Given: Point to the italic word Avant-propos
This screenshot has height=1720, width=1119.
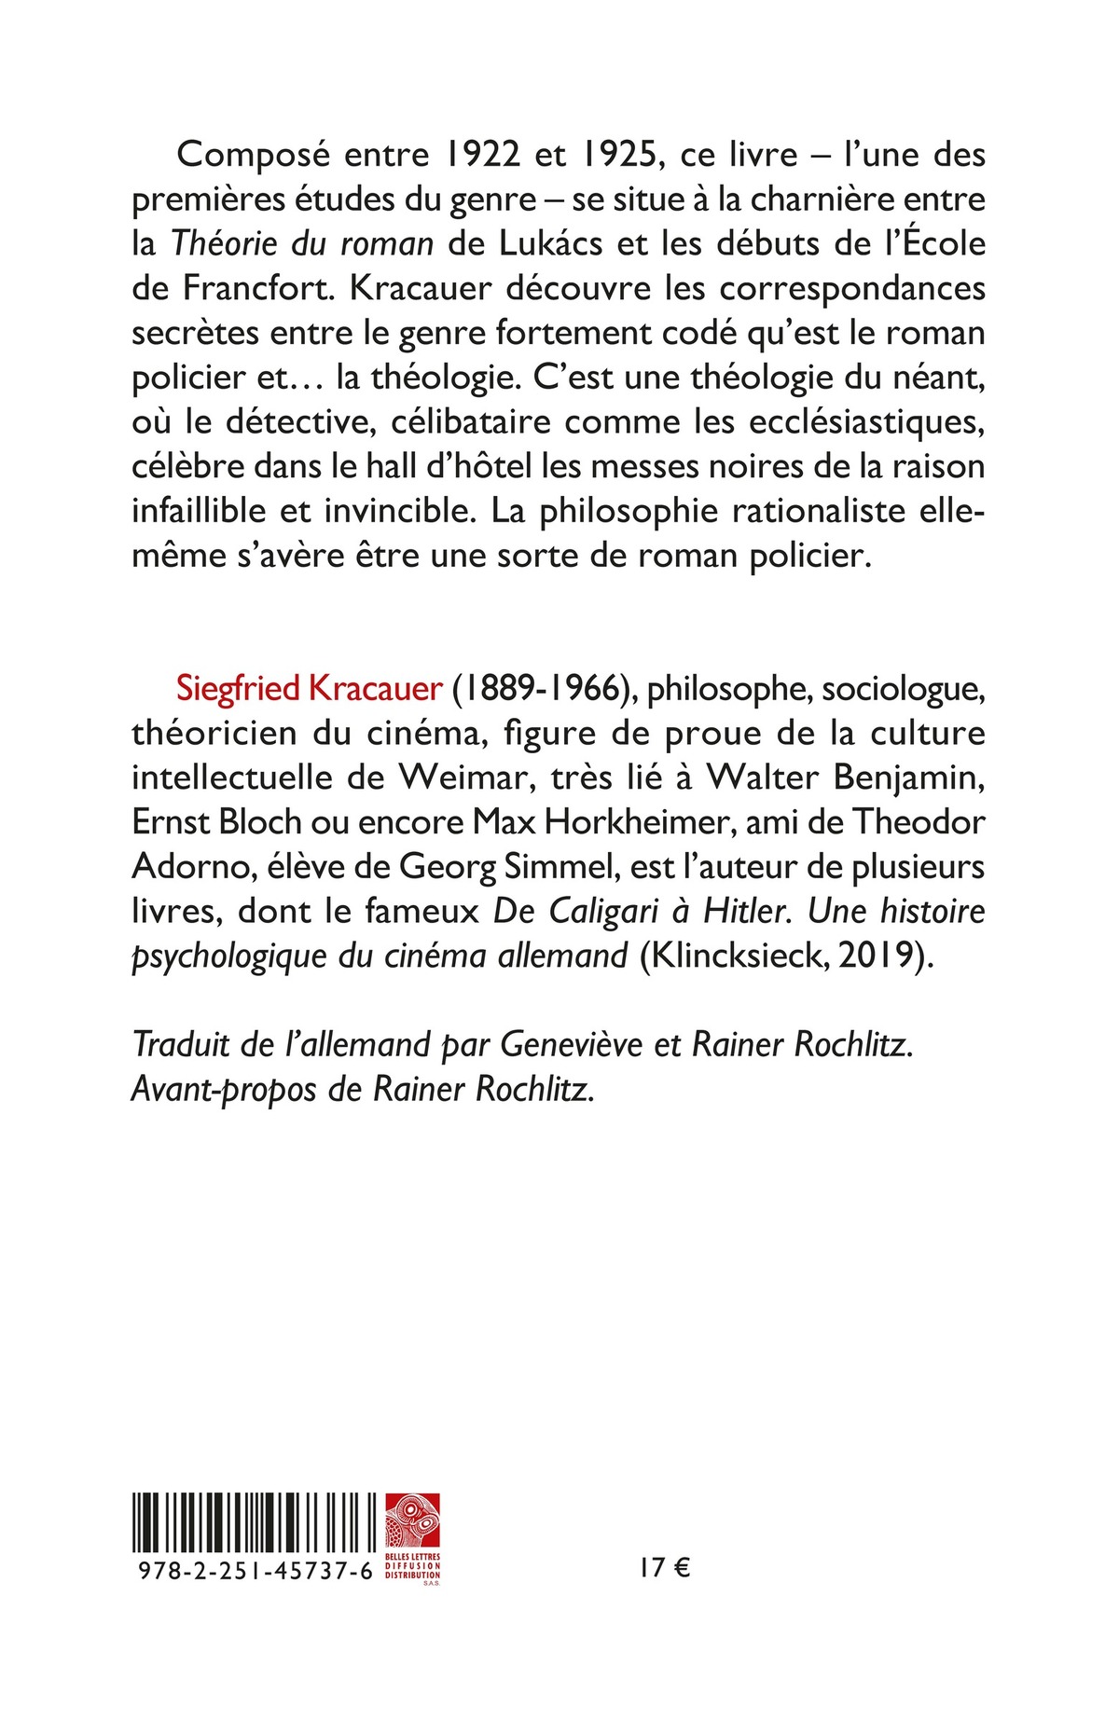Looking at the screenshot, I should [224, 1090].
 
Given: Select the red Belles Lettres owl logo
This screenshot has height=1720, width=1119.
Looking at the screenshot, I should [411, 1521].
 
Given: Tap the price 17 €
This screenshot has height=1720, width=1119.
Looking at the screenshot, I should [664, 1569].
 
